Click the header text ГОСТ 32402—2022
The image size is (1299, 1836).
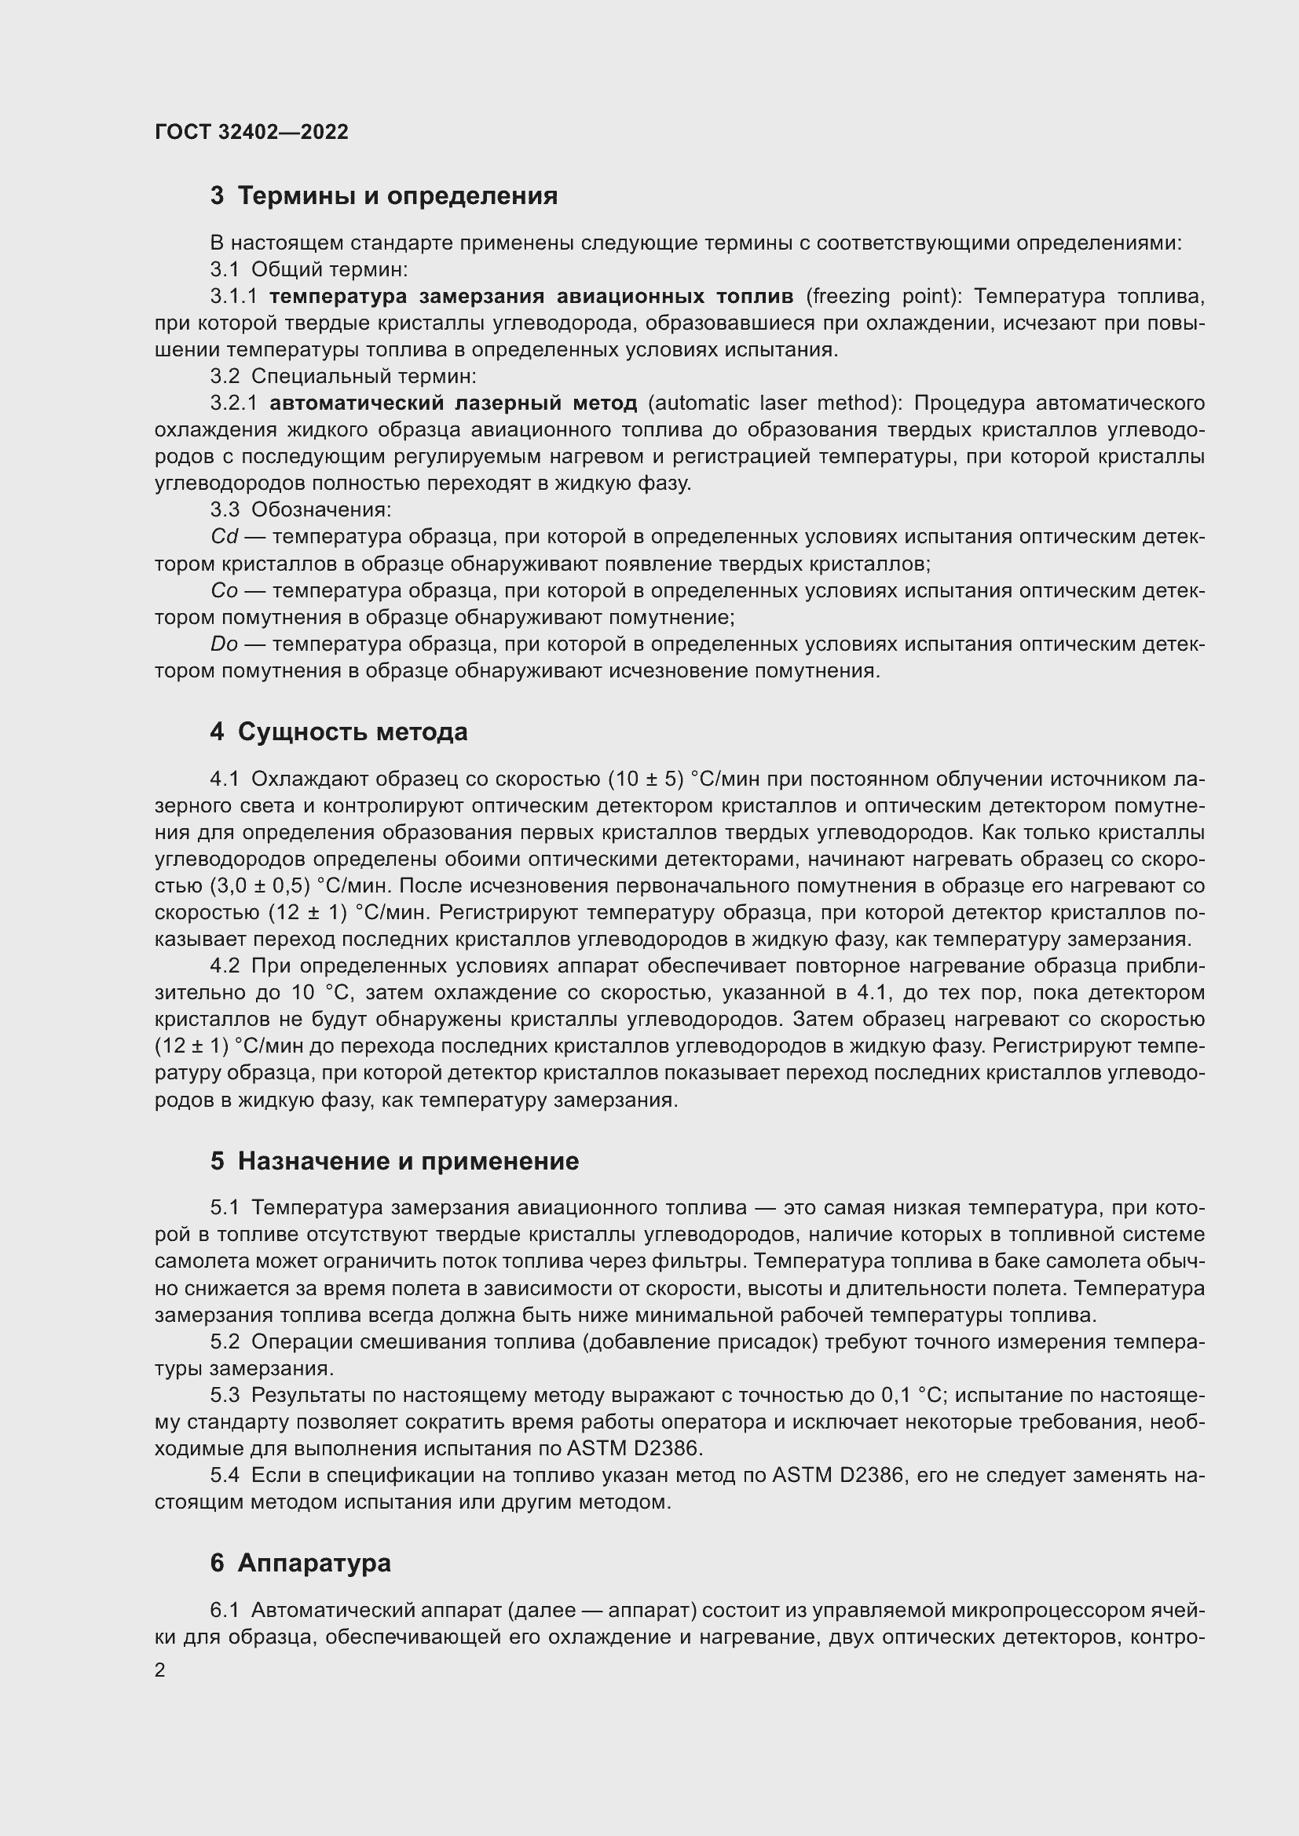(x=251, y=132)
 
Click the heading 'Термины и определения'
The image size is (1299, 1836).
(x=397, y=196)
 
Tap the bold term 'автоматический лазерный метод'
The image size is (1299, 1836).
(x=452, y=403)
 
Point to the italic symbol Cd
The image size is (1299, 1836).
(x=224, y=537)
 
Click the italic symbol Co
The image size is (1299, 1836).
(x=224, y=591)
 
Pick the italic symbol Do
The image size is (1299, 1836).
(x=224, y=644)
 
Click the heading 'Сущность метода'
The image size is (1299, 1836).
(x=352, y=732)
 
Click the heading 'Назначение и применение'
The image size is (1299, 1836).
(x=408, y=1161)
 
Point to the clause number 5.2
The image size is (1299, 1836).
(x=225, y=1341)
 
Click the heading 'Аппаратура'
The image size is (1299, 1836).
(x=313, y=1563)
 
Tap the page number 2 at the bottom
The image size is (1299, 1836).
(x=160, y=1670)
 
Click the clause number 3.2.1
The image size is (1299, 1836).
(x=233, y=403)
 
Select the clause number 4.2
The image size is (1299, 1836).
(x=225, y=966)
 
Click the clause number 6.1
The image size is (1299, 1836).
(x=225, y=1611)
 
